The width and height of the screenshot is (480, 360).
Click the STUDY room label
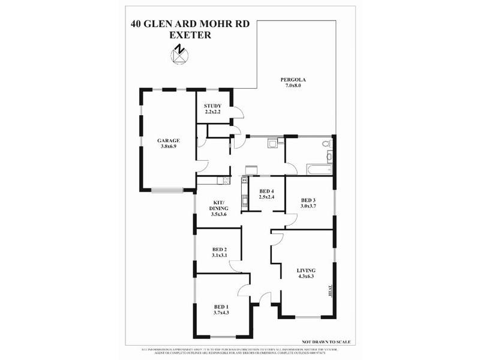coord(212,106)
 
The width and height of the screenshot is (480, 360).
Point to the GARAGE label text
coord(169,140)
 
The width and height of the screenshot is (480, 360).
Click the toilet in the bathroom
coord(325,145)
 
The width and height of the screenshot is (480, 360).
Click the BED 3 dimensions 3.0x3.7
coord(308,206)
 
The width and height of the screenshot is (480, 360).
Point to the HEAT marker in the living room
coord(329,293)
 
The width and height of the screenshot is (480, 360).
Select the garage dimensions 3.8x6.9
coord(169,146)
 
